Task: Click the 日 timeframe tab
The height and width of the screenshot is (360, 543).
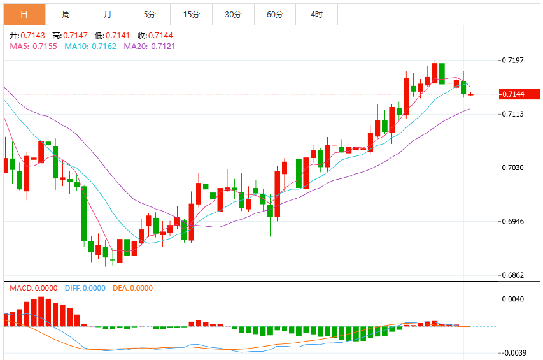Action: (x=24, y=14)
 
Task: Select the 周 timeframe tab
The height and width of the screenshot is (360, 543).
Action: (x=66, y=14)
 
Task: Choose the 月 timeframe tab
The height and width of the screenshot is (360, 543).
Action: (x=108, y=14)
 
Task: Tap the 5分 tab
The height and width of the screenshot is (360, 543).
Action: (x=150, y=14)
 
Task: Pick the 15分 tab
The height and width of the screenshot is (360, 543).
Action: (x=191, y=14)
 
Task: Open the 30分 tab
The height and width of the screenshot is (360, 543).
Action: (x=233, y=14)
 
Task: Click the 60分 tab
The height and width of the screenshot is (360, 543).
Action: (x=275, y=14)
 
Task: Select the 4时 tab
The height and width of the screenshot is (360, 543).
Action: (x=316, y=14)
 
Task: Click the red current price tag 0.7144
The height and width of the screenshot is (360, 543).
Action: (x=519, y=94)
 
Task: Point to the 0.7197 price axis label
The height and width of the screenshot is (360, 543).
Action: (x=513, y=61)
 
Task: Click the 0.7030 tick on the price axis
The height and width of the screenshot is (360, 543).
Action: (x=513, y=168)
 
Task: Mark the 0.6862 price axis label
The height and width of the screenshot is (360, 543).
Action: (x=513, y=275)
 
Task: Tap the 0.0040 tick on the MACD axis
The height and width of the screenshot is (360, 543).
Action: (x=513, y=299)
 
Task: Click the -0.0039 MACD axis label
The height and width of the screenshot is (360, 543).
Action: (x=514, y=353)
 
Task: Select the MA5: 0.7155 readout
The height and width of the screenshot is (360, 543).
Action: (x=33, y=47)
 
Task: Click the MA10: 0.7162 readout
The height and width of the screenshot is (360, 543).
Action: (x=90, y=47)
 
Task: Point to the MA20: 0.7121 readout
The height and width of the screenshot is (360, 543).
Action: (x=150, y=47)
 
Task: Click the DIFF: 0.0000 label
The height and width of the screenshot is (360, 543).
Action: (x=85, y=288)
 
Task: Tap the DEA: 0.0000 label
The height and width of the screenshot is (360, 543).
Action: (x=132, y=288)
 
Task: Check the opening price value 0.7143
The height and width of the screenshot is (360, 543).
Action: (x=32, y=35)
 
